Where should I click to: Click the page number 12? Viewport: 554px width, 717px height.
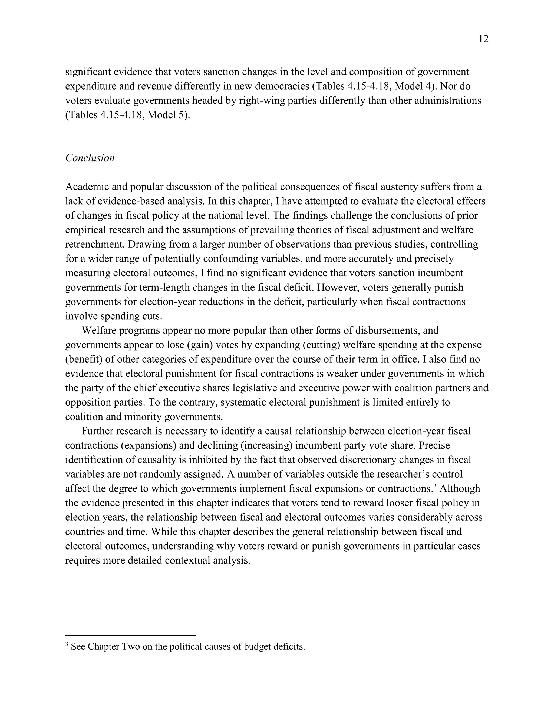tap(483, 39)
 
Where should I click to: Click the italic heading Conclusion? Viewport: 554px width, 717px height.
tap(90, 158)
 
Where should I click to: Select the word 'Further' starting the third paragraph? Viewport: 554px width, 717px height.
tap(97, 431)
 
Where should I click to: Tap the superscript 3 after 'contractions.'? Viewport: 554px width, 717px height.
tap(434, 486)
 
